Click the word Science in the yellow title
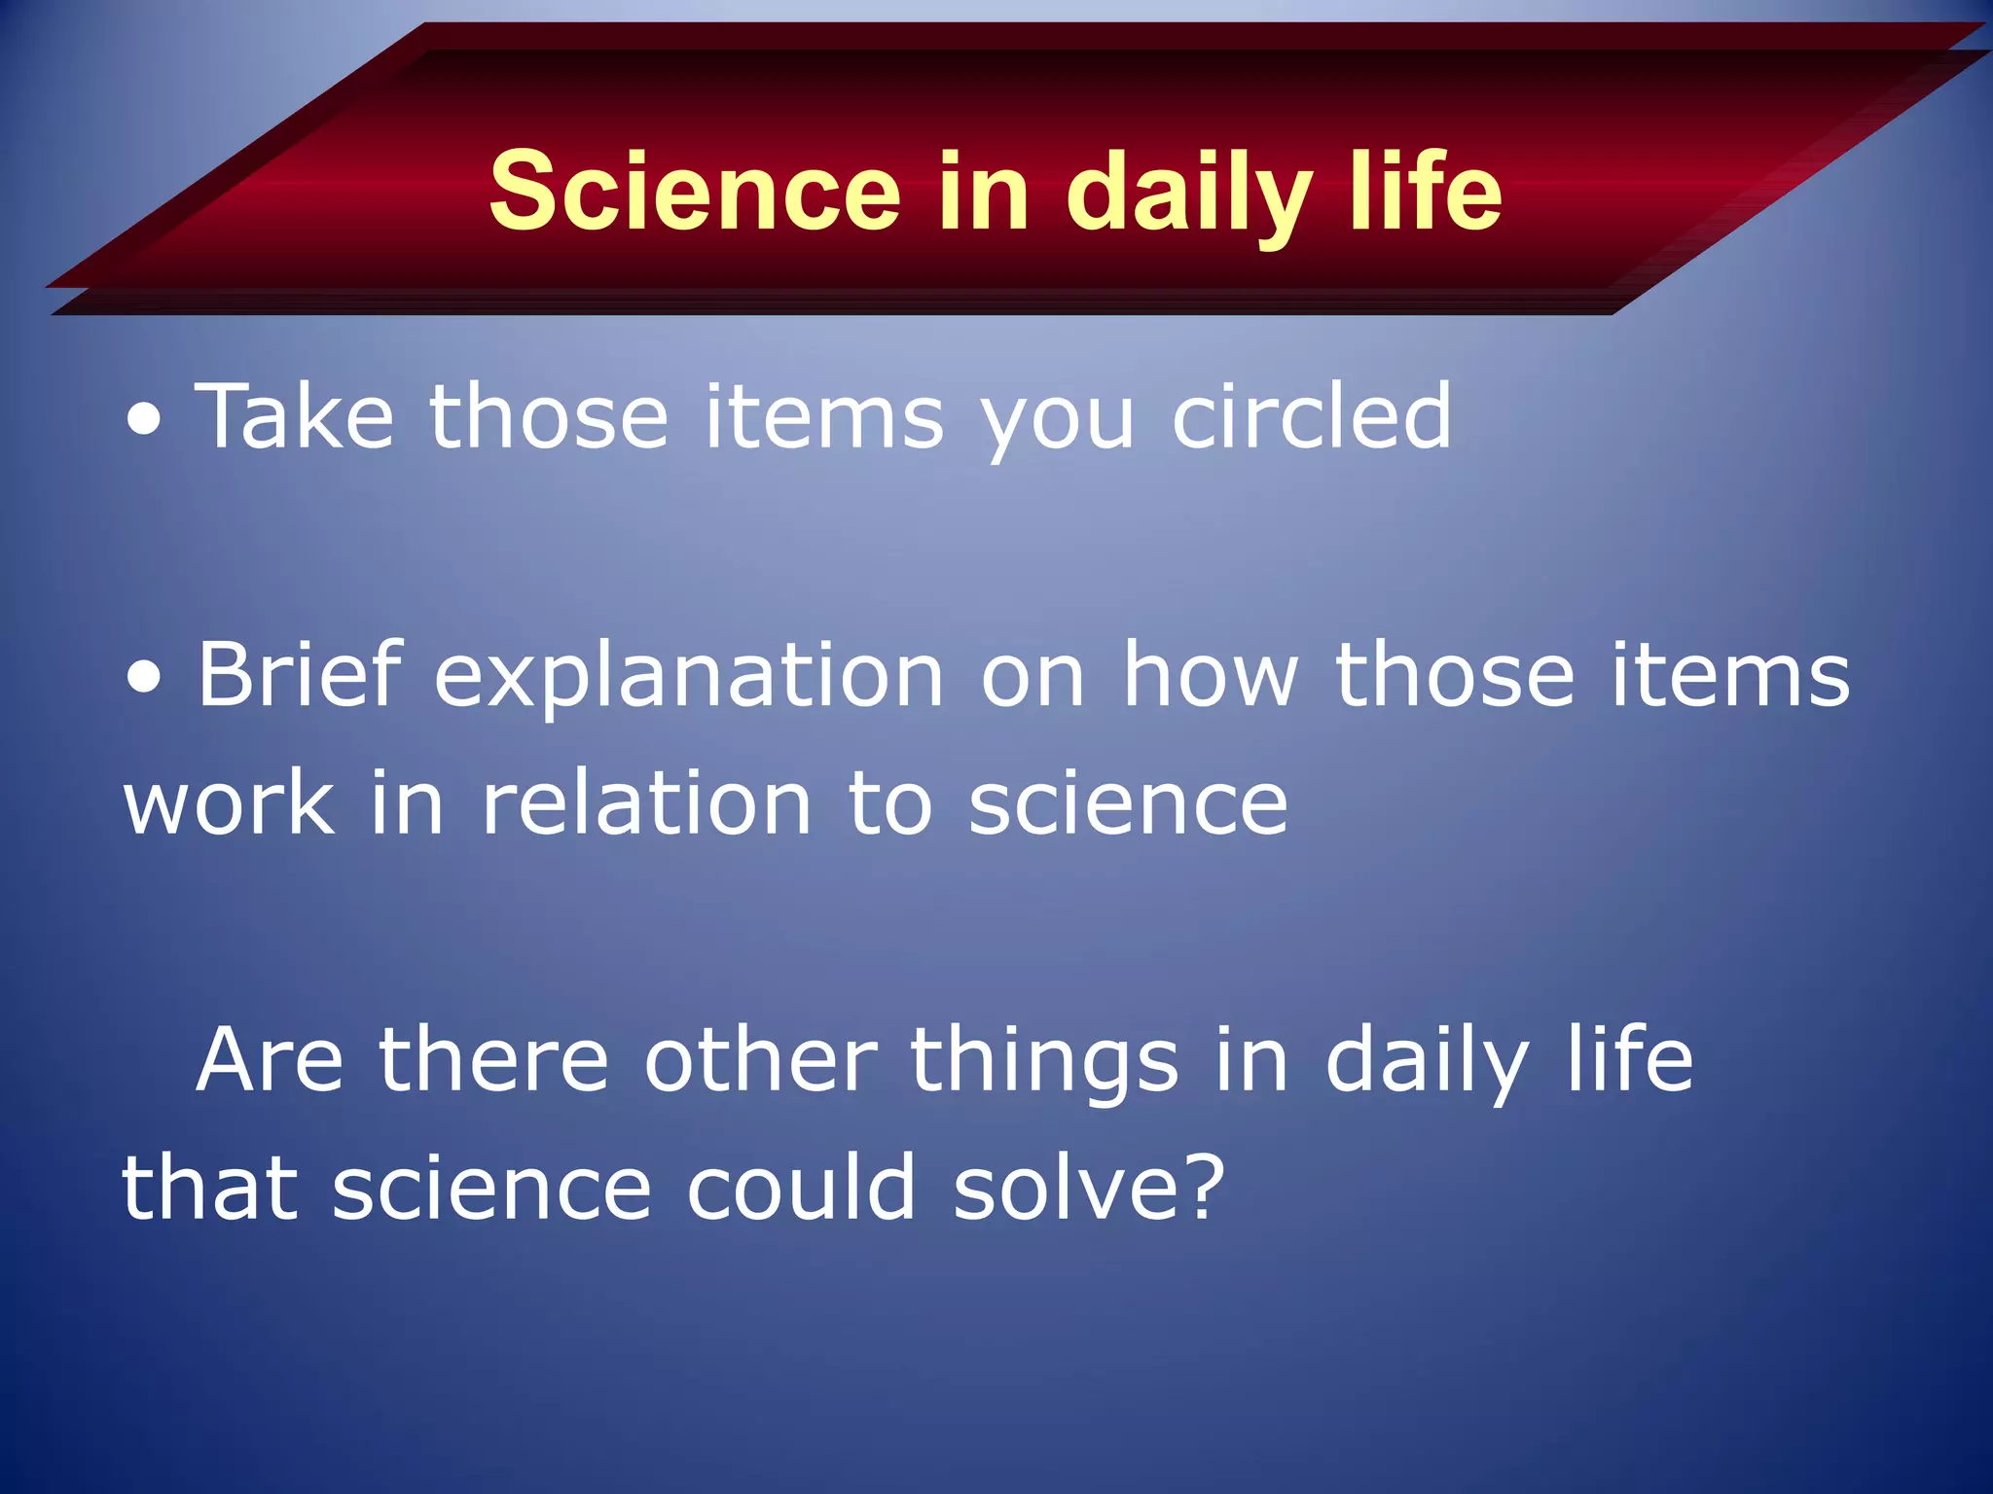point(695,192)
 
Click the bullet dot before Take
point(145,421)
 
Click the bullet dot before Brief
point(145,679)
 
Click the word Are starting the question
point(270,1059)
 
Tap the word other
point(760,1059)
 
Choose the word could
point(801,1188)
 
